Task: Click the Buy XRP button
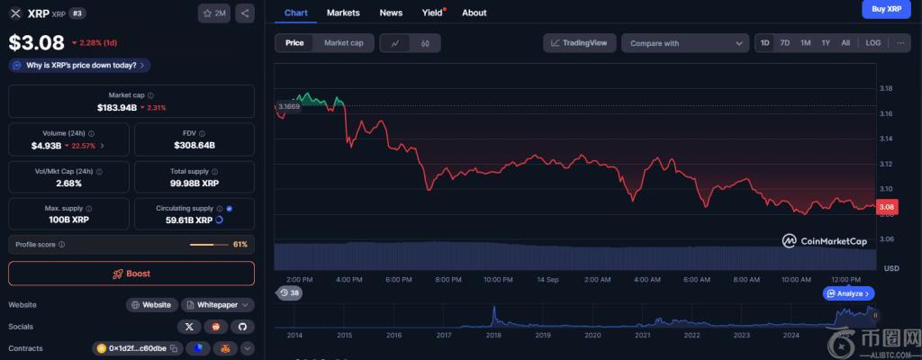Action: (x=886, y=9)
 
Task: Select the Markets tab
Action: (x=343, y=13)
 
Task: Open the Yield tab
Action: (x=432, y=13)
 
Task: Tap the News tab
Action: (x=391, y=13)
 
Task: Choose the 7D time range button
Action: (x=784, y=43)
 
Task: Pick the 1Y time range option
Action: (x=825, y=43)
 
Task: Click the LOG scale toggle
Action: (x=872, y=43)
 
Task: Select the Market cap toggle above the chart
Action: (x=343, y=43)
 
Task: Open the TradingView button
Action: (x=579, y=43)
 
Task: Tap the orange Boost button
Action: (x=131, y=274)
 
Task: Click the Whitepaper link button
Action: (x=217, y=305)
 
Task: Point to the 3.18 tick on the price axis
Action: (x=885, y=88)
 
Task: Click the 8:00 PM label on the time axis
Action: (x=447, y=280)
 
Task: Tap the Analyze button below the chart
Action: (x=848, y=293)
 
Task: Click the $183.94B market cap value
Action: (x=117, y=107)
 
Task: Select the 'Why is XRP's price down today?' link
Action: (x=79, y=66)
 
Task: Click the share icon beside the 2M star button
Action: (x=246, y=13)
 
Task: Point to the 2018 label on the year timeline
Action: (x=493, y=335)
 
